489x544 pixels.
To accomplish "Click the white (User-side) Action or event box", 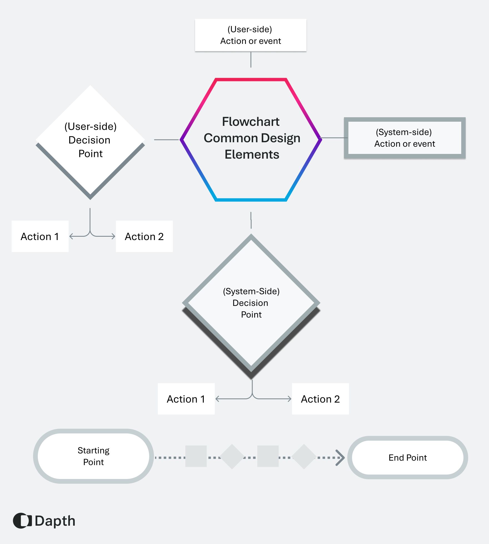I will coord(250,35).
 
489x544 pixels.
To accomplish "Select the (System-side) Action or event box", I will coord(405,138).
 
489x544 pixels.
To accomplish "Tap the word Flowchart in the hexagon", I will coord(251,122).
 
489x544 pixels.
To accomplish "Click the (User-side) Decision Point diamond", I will coord(90,140).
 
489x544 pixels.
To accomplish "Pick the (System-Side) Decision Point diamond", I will coord(251,303).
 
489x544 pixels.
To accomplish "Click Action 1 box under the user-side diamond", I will coord(40,236).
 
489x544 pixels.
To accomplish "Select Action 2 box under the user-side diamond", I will coord(144,236).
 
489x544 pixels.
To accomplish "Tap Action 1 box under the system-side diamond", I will coord(186,399).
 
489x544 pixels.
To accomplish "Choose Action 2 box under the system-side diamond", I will coord(320,399).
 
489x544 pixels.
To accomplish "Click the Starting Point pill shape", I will coord(93,456).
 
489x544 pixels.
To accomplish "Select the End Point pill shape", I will coord(408,458).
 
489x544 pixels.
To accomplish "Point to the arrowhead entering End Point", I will coord(341,458).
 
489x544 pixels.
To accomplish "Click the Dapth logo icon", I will coord(22,521).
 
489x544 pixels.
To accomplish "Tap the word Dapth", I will coord(55,521).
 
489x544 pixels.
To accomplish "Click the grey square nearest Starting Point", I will coord(196,456).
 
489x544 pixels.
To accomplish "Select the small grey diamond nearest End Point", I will coord(304,457).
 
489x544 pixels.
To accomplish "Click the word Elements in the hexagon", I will coord(252,154).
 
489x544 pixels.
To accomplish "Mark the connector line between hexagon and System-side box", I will coord(333,138).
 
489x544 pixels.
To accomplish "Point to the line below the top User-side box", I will coord(251,59).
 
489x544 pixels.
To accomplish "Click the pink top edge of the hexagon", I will coord(251,80).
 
